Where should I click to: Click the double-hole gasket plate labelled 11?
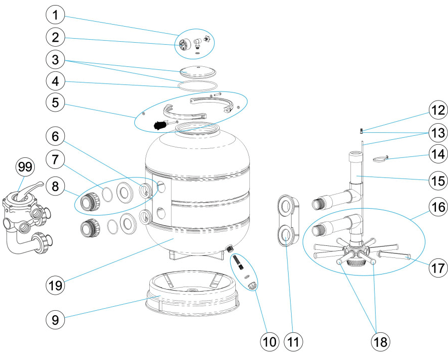click(x=286, y=219)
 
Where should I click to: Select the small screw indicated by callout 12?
click(x=361, y=131)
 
